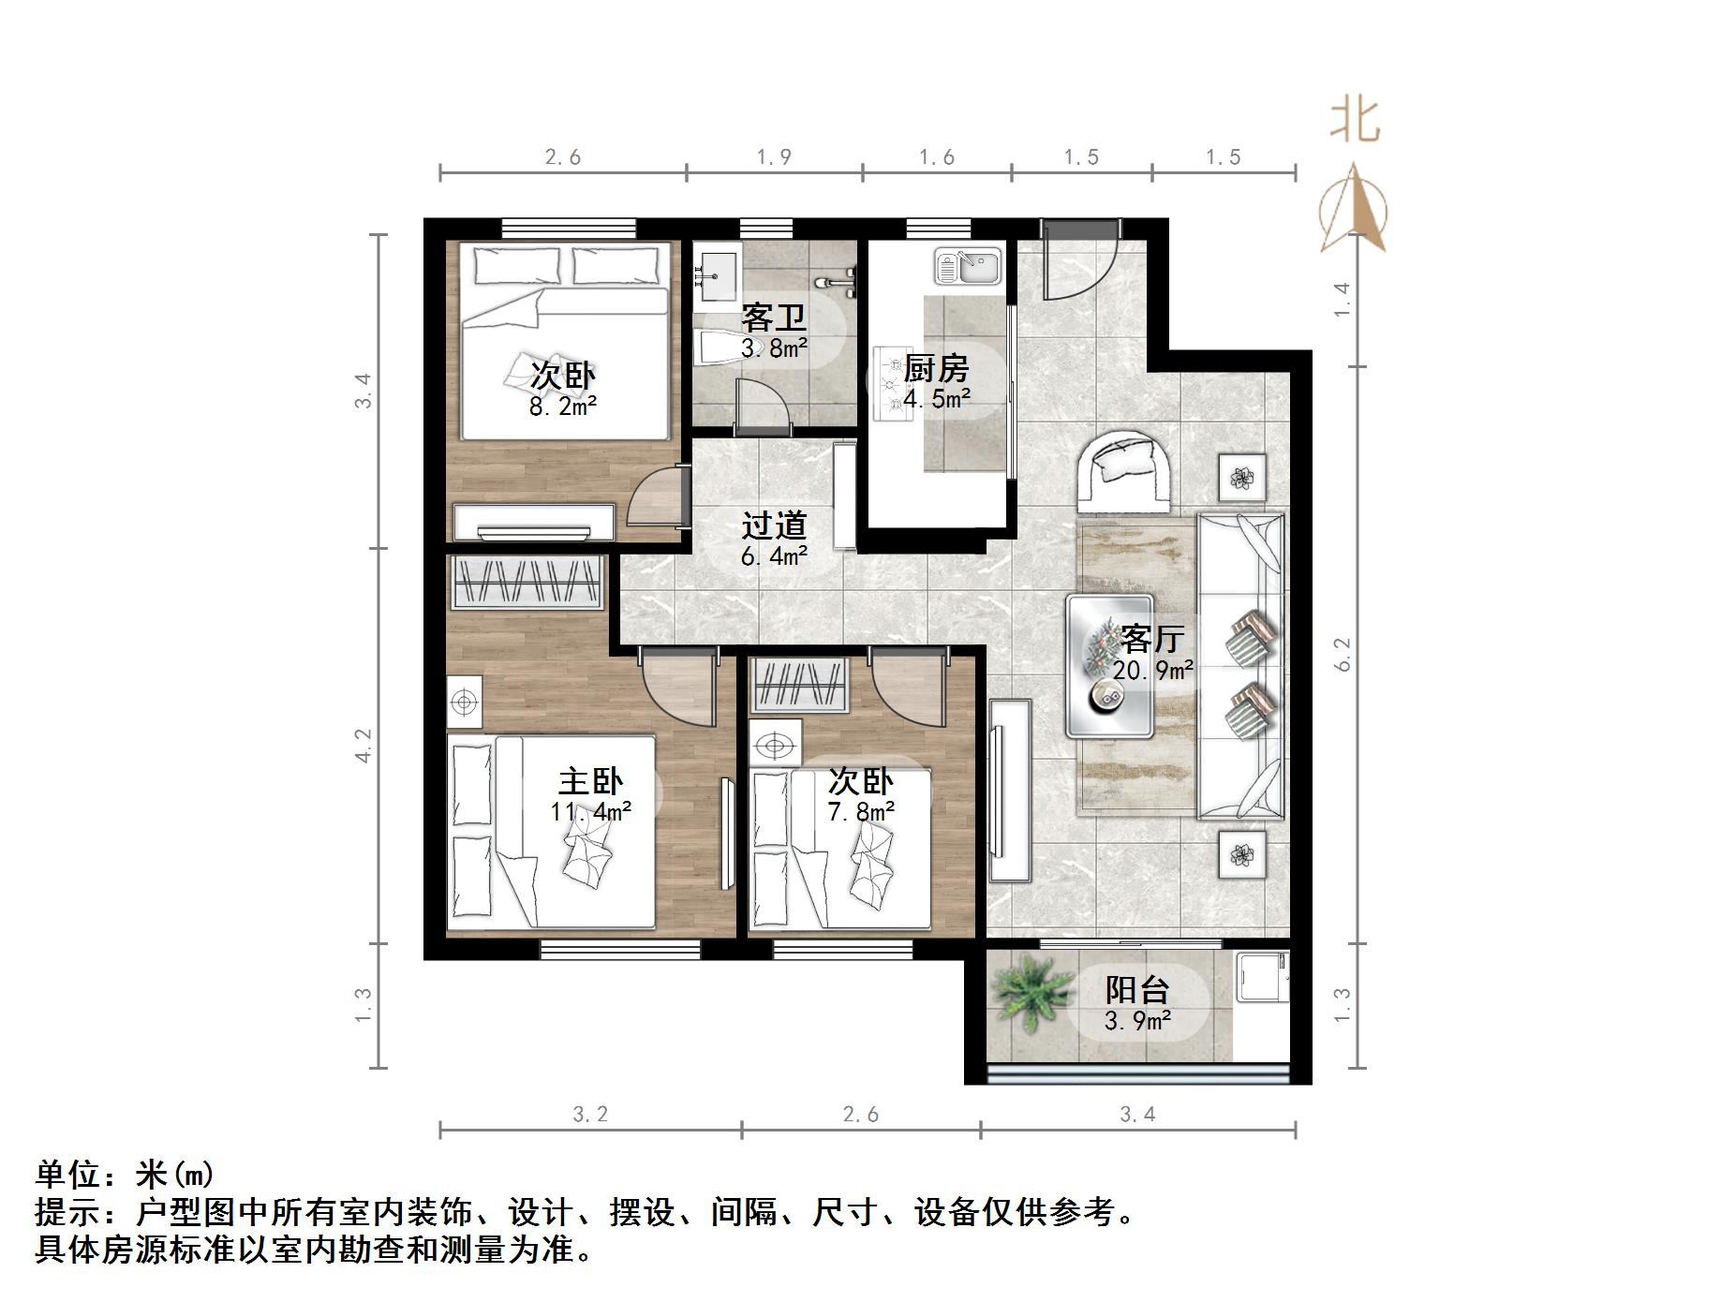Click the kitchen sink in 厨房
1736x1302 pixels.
coord(969,266)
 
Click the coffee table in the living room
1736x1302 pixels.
coord(1109,666)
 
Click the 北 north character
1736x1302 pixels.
coord(1355,122)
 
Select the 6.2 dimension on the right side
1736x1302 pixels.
coord(1343,654)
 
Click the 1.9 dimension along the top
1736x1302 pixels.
coord(774,157)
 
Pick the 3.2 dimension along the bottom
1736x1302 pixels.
coord(590,1114)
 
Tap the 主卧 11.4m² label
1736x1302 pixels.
coord(590,794)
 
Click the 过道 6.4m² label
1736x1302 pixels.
coord(774,539)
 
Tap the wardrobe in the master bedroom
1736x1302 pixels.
coord(527,582)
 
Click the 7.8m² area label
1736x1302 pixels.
coord(860,811)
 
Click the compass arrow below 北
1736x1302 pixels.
coord(1353,210)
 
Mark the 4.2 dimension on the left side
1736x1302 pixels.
coord(364,746)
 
